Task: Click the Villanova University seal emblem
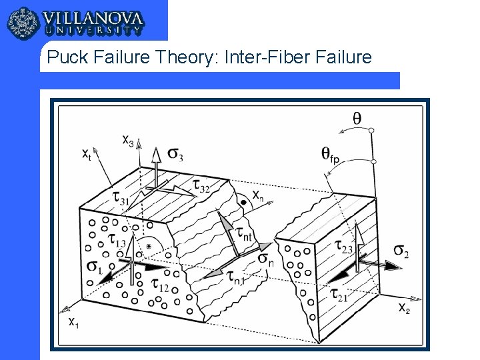click(x=23, y=23)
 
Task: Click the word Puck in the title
click(x=67, y=57)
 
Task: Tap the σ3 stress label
click(x=175, y=154)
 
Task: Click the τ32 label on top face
click(x=201, y=186)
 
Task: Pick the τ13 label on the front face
click(x=117, y=240)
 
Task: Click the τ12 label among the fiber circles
click(x=160, y=285)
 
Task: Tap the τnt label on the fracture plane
click(x=244, y=234)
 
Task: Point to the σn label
click(x=266, y=259)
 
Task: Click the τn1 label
click(x=236, y=277)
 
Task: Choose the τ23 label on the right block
click(x=343, y=247)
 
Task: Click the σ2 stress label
click(x=401, y=251)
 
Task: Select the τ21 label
click(x=339, y=295)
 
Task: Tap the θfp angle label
click(x=330, y=155)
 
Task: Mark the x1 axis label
click(x=73, y=322)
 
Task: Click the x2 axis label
click(x=404, y=307)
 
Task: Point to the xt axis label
click(x=87, y=154)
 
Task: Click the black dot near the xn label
click(x=244, y=203)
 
